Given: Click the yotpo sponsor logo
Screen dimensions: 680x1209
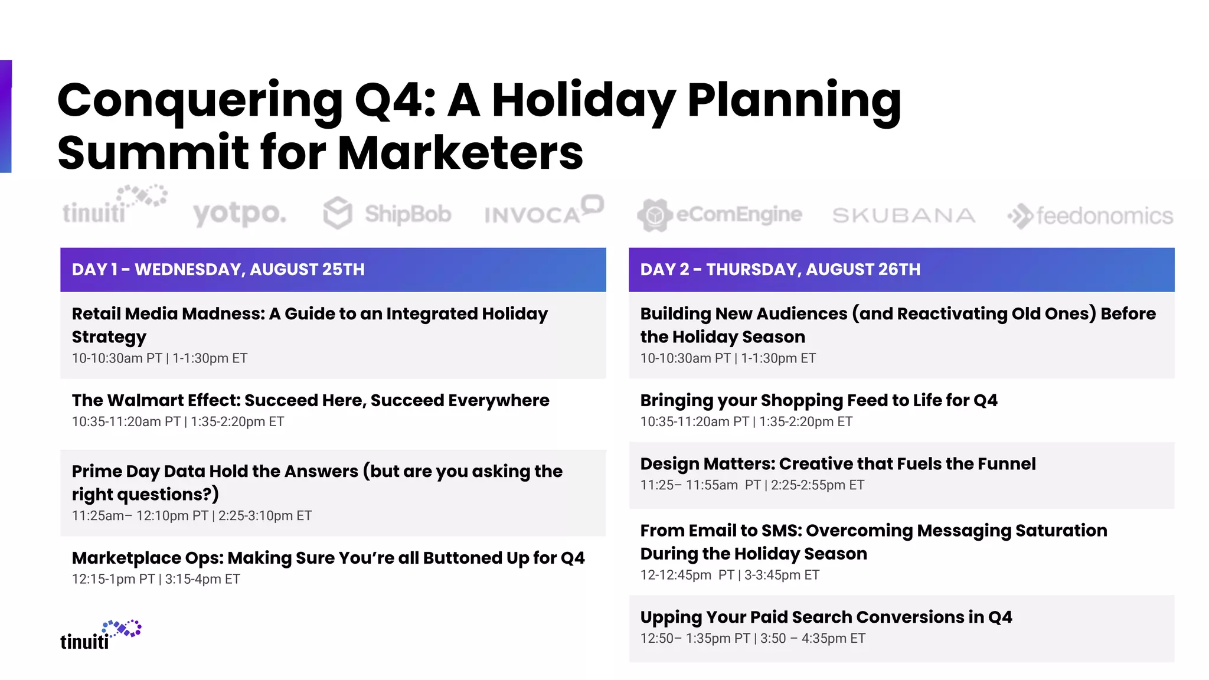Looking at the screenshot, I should tap(240, 214).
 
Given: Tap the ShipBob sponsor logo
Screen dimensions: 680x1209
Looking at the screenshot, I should tap(387, 214).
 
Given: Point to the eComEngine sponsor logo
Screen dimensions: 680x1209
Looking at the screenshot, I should tap(719, 214).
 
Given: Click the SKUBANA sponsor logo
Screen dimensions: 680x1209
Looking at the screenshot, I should tap(903, 215).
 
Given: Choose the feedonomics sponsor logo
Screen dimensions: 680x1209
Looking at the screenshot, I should tap(1090, 216).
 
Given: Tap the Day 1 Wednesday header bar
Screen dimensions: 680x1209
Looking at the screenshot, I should tap(333, 270).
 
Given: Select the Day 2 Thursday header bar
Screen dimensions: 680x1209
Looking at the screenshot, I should tap(901, 270).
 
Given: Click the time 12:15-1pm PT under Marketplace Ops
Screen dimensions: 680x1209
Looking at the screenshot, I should tap(113, 579).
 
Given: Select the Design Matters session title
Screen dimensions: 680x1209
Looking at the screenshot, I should tap(838, 464).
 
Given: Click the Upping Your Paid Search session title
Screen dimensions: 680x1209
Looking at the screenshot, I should tap(826, 617).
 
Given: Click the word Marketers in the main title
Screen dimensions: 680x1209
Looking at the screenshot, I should tap(460, 153).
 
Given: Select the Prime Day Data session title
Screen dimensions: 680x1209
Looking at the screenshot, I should tap(317, 482).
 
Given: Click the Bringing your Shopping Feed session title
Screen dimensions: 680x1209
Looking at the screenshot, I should tap(819, 400).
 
